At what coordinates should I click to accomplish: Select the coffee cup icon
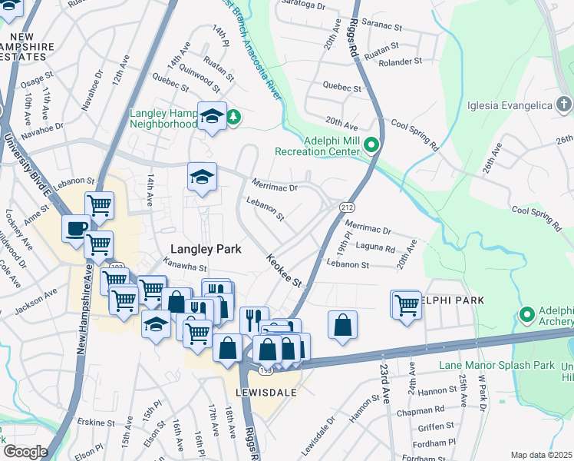pyautogui.click(x=76, y=229)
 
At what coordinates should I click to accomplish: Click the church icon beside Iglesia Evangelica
pyautogui.click(x=563, y=104)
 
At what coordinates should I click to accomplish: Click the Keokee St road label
pyautogui.click(x=284, y=270)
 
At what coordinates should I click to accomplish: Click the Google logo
pyautogui.click(x=25, y=451)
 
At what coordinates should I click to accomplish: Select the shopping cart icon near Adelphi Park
pyautogui.click(x=405, y=304)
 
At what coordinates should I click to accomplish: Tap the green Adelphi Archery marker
pyautogui.click(x=526, y=314)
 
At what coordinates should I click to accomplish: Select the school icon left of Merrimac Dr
pyautogui.click(x=203, y=177)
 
